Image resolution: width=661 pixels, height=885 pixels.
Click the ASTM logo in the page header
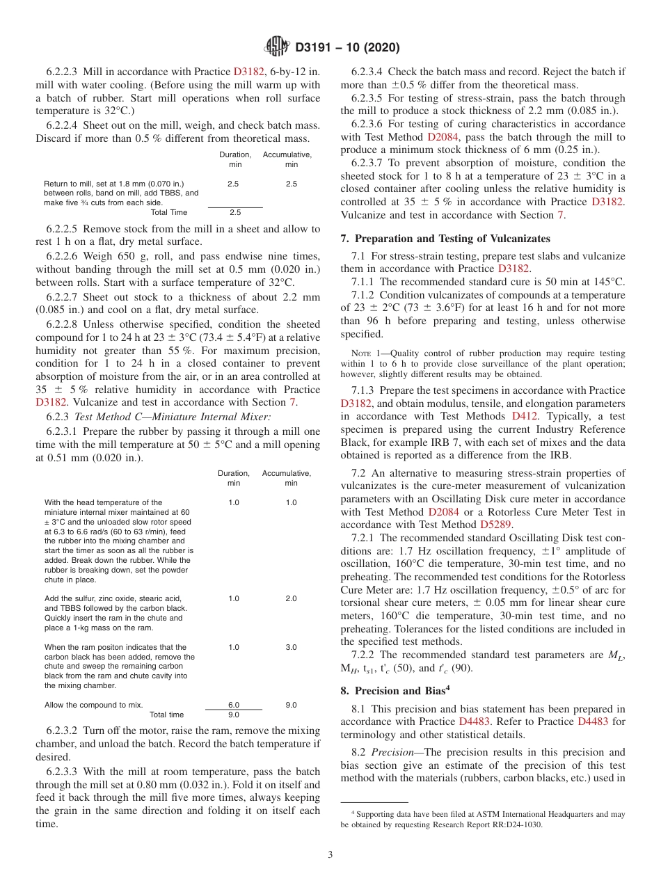278,48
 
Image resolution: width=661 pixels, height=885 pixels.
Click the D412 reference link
525,416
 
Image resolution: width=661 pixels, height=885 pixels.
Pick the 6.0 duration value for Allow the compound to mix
234,705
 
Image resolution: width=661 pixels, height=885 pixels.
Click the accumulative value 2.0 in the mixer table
291,598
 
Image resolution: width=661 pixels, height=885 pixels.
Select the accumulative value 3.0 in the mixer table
291,647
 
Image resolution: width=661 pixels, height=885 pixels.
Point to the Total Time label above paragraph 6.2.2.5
169,213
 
